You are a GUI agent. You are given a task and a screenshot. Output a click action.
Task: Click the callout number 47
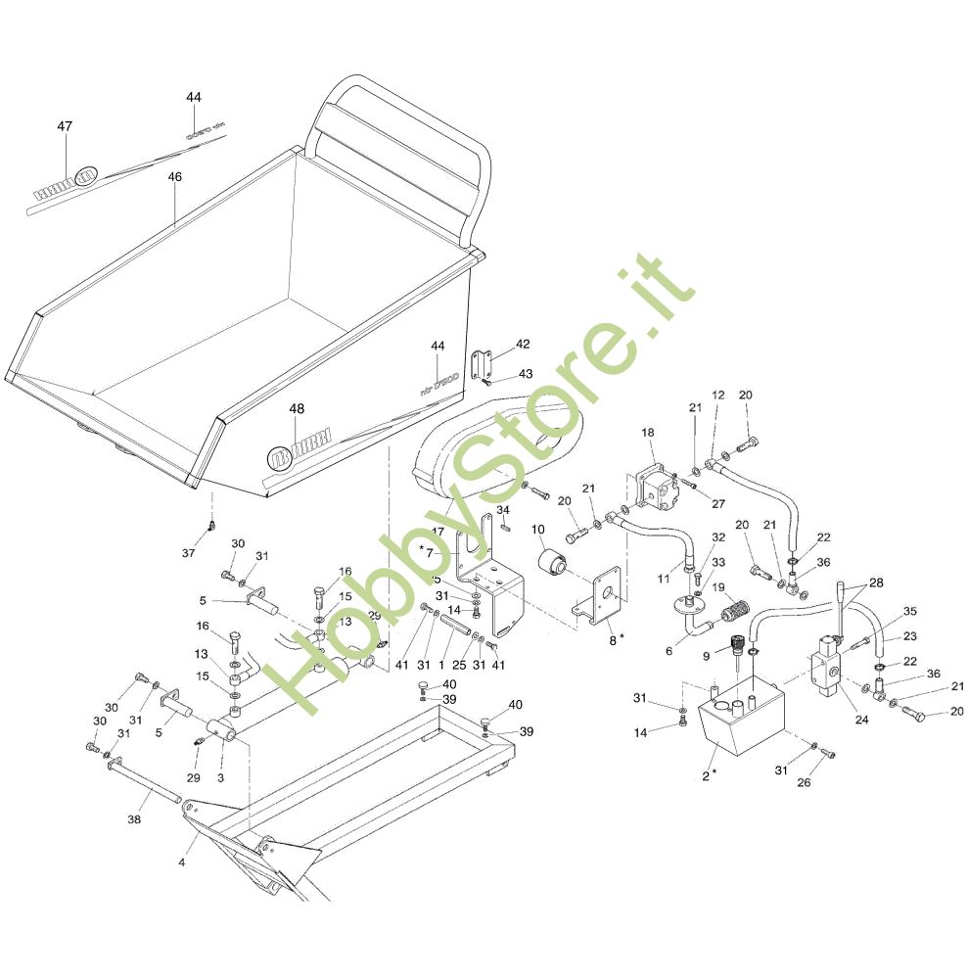click(65, 126)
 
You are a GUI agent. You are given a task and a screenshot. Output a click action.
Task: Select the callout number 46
click(175, 177)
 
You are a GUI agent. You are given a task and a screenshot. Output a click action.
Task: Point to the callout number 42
click(523, 344)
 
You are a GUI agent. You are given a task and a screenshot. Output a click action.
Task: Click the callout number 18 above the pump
click(648, 432)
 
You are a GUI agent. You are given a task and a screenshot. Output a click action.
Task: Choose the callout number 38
click(135, 819)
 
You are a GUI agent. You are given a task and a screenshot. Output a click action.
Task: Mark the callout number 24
click(860, 719)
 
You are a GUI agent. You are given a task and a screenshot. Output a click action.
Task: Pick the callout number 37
click(188, 553)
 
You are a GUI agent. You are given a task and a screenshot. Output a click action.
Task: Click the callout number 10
click(537, 530)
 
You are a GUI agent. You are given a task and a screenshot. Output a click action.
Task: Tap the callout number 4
click(181, 862)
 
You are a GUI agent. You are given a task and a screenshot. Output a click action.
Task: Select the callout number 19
click(717, 587)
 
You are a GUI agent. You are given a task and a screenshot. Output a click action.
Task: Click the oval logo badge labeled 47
click(85, 177)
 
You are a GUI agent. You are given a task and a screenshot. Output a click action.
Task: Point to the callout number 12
click(717, 395)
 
